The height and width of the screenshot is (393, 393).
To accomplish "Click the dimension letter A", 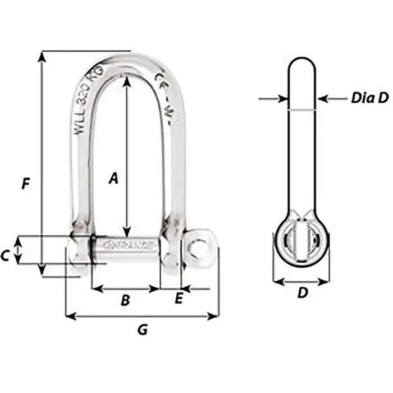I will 113,179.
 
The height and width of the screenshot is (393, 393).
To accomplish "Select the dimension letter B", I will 126,300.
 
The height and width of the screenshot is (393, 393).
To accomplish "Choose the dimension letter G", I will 143,330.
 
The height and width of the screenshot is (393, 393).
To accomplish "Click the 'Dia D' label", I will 369,98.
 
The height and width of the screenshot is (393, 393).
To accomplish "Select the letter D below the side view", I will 302,293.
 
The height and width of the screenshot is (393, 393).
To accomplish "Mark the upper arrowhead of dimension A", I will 127,80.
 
